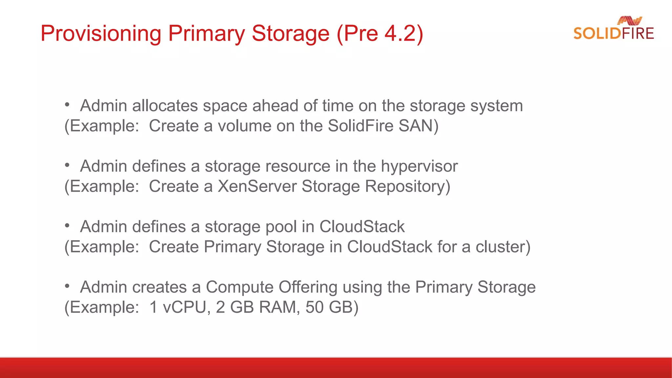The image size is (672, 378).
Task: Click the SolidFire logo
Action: (613, 29)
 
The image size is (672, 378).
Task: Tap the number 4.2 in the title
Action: (400, 33)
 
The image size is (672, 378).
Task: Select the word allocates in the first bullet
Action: (165, 106)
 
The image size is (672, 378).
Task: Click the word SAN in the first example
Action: (416, 126)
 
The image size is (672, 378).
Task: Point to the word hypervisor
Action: (419, 166)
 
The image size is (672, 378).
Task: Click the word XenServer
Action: (257, 186)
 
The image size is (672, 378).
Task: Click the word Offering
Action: (308, 287)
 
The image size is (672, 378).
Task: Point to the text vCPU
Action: (184, 307)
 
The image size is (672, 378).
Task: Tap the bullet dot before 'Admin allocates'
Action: (67, 105)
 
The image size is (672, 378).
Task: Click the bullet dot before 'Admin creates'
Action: (67, 286)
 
